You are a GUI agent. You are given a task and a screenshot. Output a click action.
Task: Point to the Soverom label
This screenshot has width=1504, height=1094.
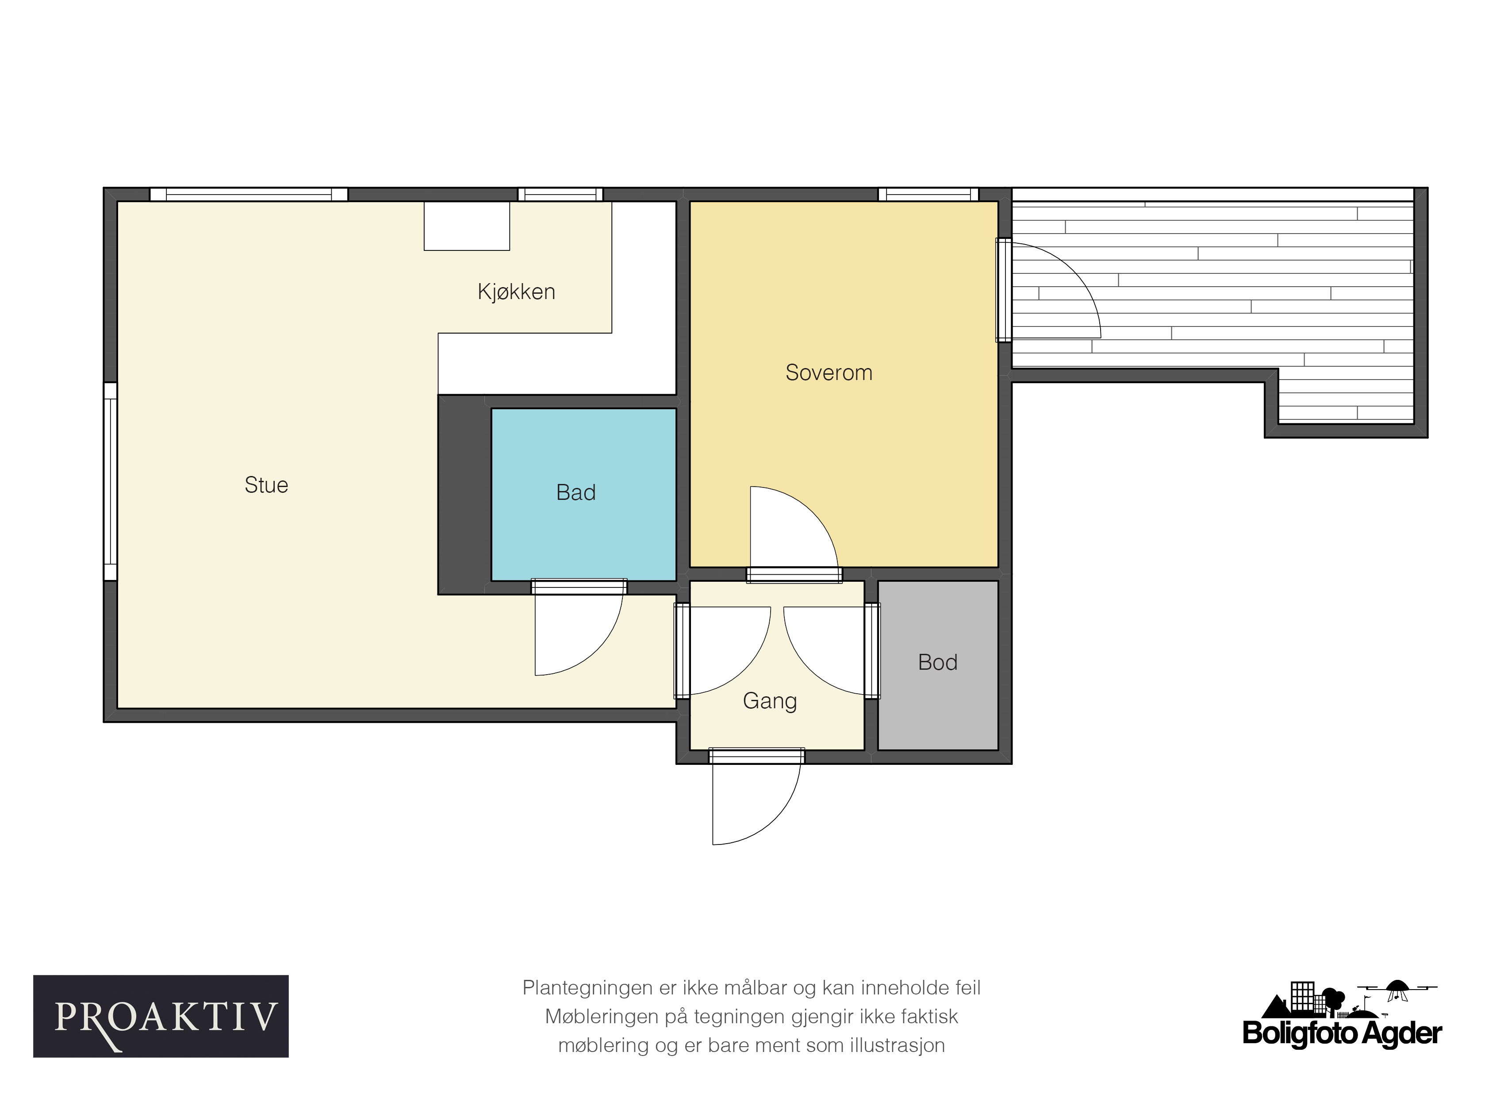[829, 372]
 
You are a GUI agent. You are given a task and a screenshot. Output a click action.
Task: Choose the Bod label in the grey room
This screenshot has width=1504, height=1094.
[938, 662]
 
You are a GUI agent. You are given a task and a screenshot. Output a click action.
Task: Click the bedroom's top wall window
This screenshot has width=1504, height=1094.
[928, 194]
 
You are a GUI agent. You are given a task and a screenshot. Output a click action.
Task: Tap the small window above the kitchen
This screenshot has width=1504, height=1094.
[560, 194]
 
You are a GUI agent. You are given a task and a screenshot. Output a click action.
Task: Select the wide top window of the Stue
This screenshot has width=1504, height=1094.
[249, 194]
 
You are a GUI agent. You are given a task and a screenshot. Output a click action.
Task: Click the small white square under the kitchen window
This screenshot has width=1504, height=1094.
[467, 226]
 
